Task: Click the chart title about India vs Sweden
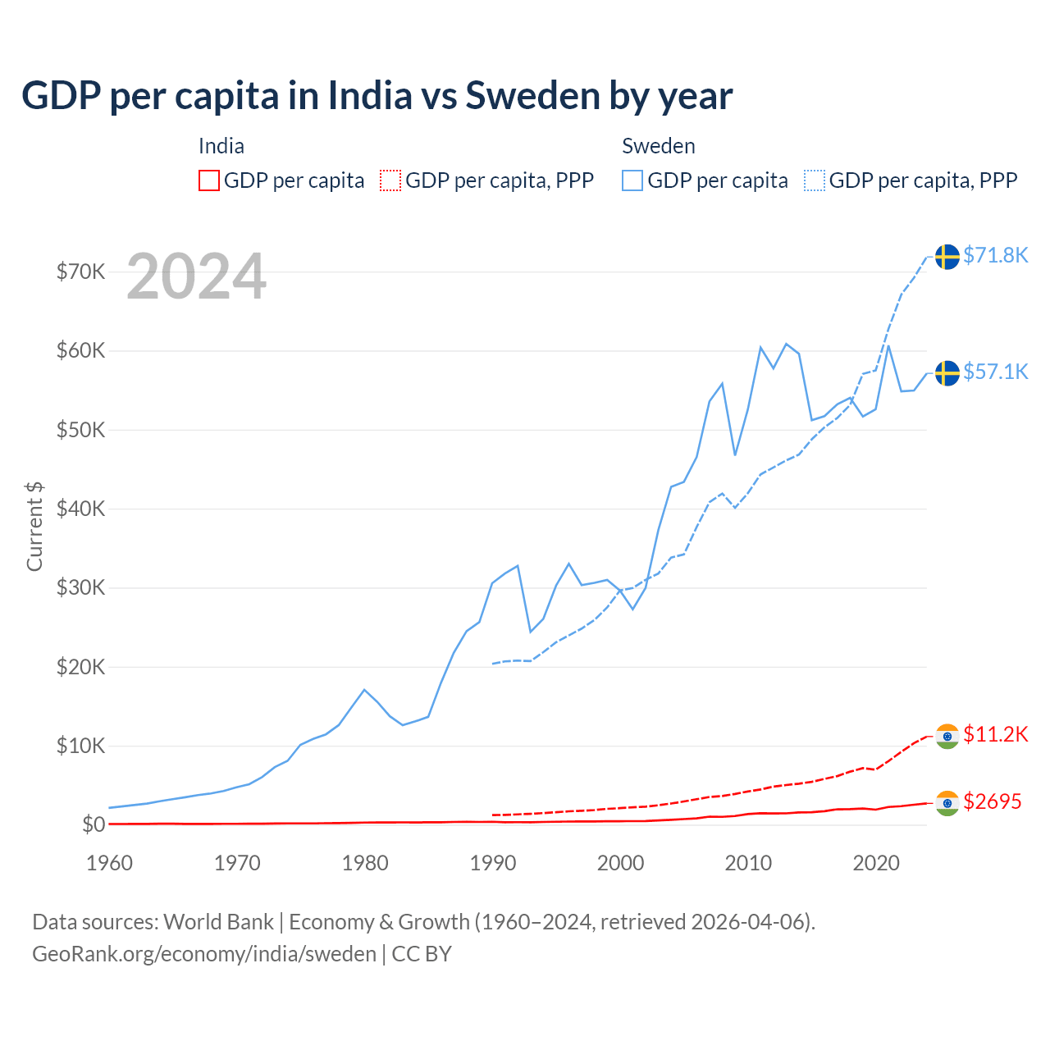point(377,96)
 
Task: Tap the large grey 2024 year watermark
point(196,276)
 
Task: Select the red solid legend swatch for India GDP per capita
point(209,180)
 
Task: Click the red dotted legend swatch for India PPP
point(390,180)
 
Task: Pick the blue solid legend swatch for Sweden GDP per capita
point(632,180)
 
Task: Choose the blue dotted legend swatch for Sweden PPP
point(815,180)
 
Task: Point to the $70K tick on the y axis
point(80,272)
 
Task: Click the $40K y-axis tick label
point(80,509)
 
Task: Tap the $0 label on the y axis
point(93,824)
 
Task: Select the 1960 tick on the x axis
point(109,863)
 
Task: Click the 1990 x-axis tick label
point(493,863)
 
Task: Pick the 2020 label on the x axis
point(876,863)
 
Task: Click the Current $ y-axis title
point(34,527)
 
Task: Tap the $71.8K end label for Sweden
point(995,256)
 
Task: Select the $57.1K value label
point(995,372)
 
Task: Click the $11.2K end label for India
point(995,734)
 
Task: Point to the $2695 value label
point(992,802)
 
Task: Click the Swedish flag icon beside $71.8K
point(947,257)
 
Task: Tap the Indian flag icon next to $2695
point(947,803)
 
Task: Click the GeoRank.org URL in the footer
point(204,954)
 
